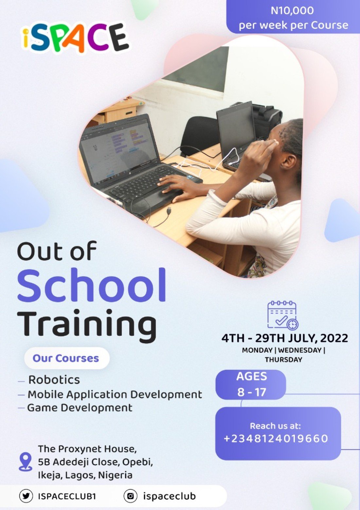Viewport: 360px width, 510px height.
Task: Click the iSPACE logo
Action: pos(75,38)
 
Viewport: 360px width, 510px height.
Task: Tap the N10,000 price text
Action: pos(292,11)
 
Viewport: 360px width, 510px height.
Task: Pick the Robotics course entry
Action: pos(54,380)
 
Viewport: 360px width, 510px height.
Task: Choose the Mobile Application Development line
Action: pos(115,394)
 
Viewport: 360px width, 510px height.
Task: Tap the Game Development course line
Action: pos(80,408)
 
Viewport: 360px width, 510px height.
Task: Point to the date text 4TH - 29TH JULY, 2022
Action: pos(284,338)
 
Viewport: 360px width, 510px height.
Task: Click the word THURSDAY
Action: pos(283,360)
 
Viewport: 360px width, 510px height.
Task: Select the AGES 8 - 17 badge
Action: pos(251,385)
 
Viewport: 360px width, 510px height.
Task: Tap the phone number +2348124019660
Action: pos(276,439)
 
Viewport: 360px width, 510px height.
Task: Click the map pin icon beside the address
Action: pos(26,462)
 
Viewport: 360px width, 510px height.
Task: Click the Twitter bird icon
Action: pos(26,496)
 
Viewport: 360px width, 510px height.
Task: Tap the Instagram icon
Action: pos(130,496)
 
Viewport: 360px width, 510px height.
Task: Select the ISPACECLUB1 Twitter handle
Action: pos(67,496)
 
